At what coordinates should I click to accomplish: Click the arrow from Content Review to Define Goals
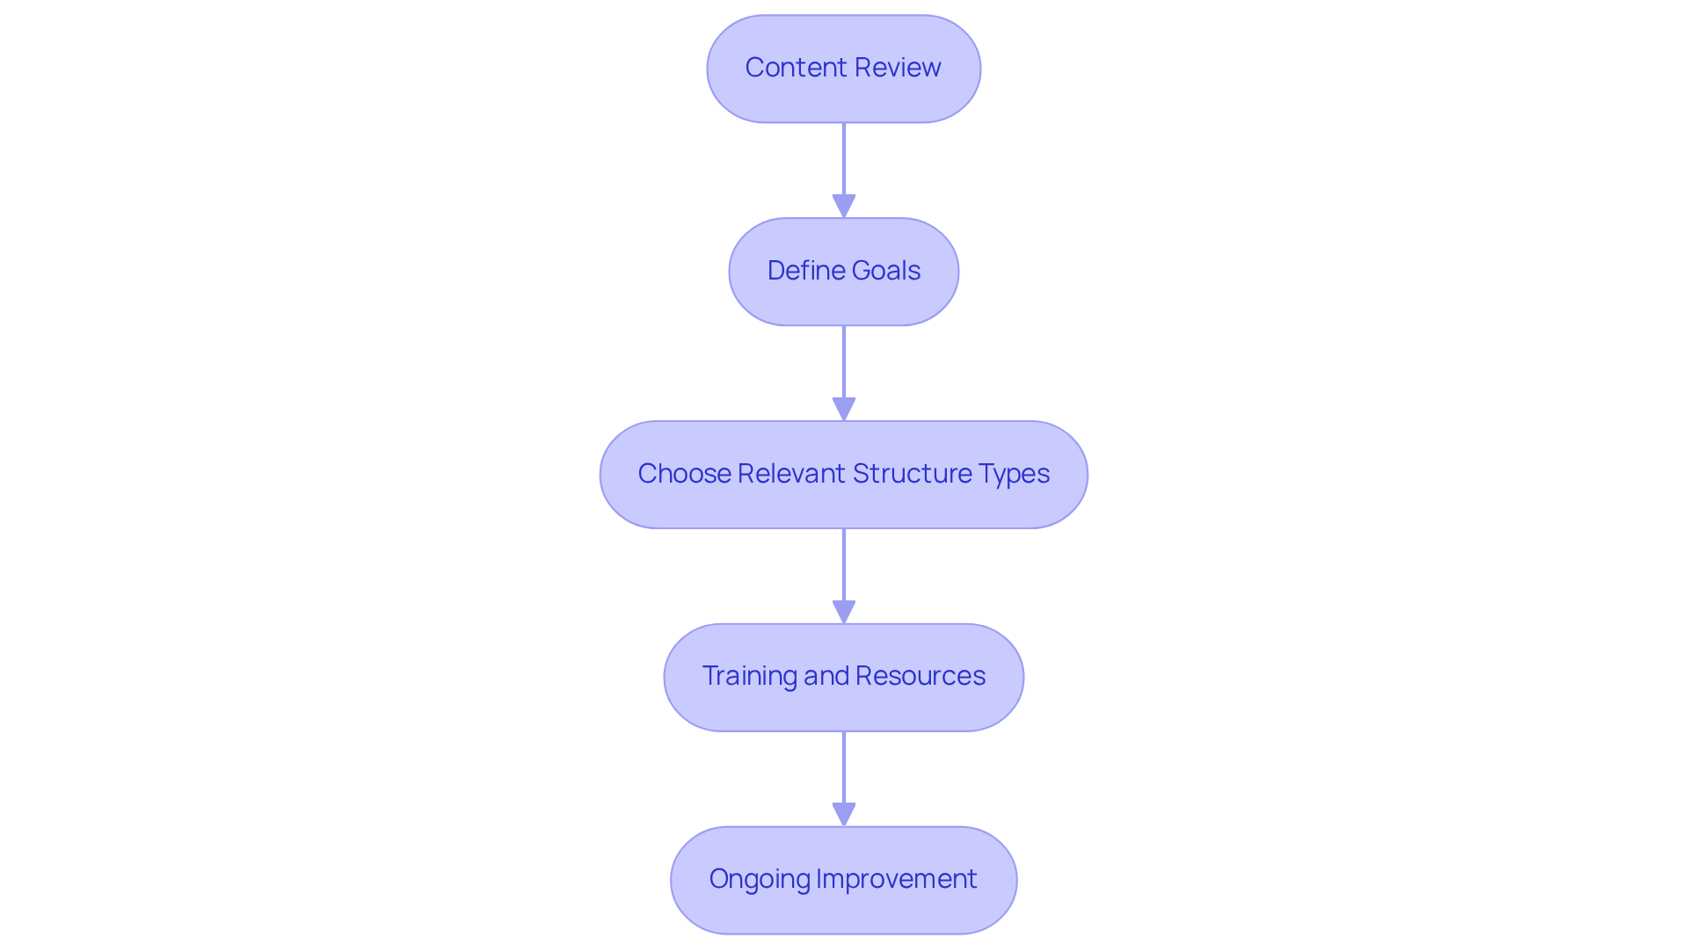click(844, 163)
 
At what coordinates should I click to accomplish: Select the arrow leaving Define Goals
click(844, 365)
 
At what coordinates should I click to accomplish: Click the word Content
click(785, 68)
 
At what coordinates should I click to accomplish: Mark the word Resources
click(920, 676)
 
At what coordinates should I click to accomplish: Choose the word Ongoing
click(759, 879)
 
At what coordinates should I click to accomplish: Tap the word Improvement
click(896, 879)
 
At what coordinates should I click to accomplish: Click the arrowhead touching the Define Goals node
click(844, 207)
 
